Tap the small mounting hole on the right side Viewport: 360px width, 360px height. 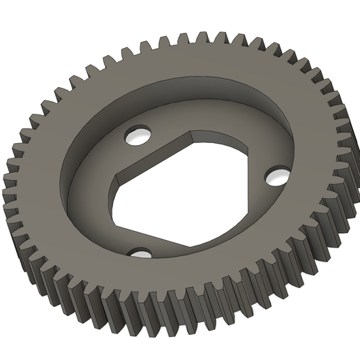[277, 175]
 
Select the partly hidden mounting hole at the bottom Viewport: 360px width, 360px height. [141, 253]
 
